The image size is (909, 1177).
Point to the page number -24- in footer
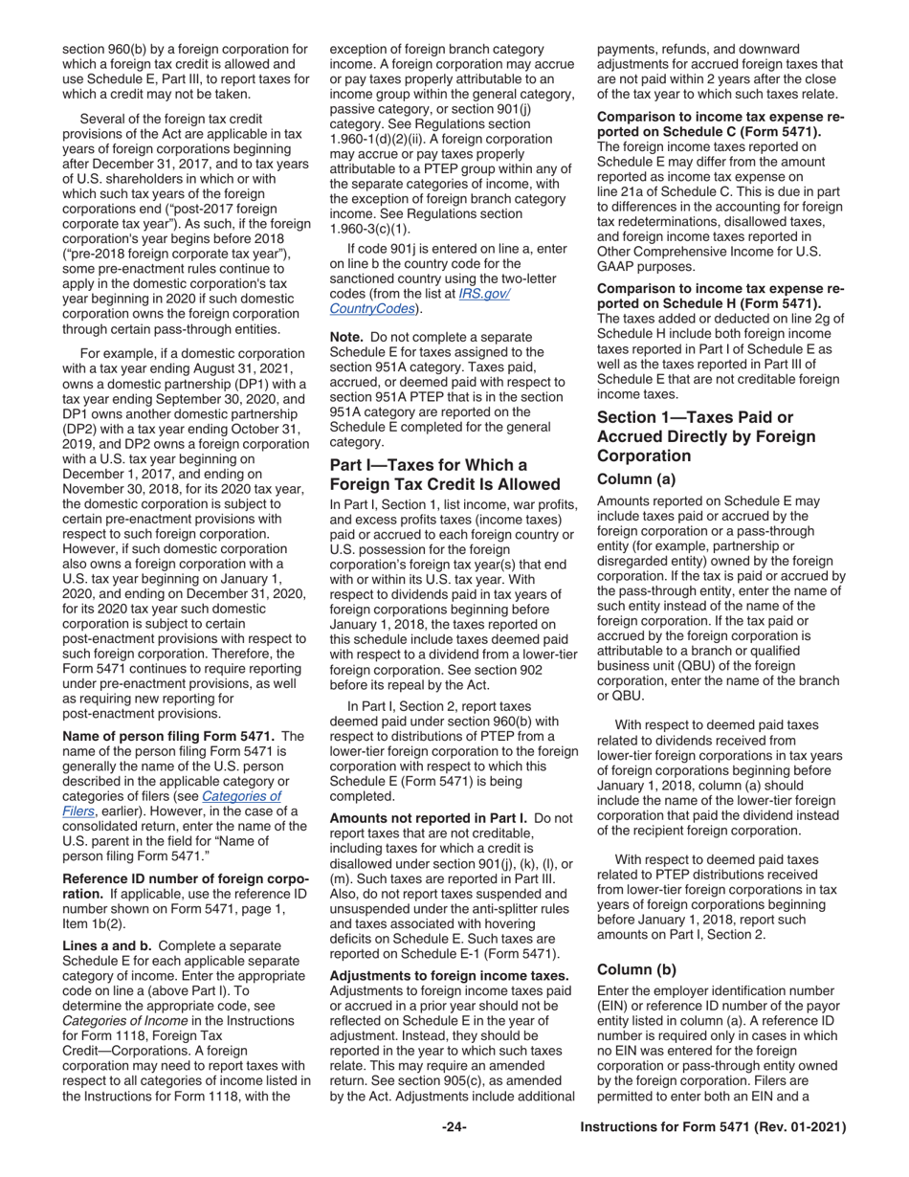pos(454,1128)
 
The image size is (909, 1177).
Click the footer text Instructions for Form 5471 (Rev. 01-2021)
pos(714,1128)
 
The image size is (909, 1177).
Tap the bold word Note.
pos(346,338)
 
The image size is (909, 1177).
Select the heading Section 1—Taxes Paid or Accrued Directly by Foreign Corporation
pos(706,436)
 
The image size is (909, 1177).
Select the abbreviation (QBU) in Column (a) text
pos(725,665)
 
